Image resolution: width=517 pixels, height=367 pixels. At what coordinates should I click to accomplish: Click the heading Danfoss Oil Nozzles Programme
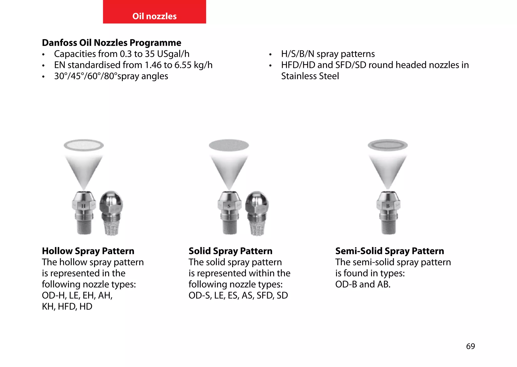point(112,43)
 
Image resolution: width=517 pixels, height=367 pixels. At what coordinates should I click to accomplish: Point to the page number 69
point(470,346)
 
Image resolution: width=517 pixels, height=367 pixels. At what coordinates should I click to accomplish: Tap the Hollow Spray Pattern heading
point(88,251)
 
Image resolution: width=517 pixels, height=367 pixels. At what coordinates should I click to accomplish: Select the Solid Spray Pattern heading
point(230,251)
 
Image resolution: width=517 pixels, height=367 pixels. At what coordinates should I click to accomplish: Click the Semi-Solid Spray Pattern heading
point(390,251)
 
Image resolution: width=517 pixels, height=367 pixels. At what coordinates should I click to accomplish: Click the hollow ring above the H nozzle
point(84,145)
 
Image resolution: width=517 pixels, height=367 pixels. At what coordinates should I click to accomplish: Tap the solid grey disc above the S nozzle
point(229,145)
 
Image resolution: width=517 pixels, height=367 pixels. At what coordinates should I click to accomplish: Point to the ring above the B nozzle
point(387,145)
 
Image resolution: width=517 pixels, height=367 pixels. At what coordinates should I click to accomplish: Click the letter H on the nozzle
point(84,206)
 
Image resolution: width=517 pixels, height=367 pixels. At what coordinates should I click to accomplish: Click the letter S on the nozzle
point(229,206)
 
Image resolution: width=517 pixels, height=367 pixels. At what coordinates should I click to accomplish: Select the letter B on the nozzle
point(388,206)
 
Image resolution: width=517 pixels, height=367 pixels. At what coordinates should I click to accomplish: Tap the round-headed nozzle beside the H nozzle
point(111,212)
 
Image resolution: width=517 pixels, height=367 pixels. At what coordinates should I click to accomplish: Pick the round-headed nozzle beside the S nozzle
point(257,212)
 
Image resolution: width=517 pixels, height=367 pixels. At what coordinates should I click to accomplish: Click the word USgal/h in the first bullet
point(173,54)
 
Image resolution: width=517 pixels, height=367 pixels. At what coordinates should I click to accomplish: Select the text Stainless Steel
point(310,76)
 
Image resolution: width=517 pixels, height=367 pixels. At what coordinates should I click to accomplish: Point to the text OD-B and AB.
point(363,284)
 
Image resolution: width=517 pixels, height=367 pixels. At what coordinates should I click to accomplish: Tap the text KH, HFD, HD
point(67,306)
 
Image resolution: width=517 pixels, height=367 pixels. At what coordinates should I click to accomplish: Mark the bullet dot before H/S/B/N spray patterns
point(270,55)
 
